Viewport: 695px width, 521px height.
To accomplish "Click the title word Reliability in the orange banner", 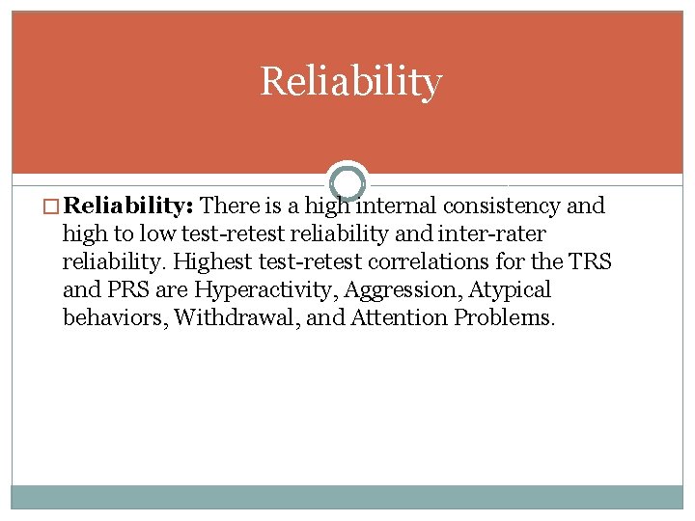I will coord(350,82).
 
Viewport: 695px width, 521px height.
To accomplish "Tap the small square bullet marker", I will coord(55,206).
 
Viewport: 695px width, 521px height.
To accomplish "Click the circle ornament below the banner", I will coord(347,182).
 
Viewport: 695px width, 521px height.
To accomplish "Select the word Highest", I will coord(211,262).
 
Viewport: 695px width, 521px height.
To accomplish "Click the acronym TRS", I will coord(590,262).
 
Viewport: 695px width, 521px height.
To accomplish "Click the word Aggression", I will coord(400,290).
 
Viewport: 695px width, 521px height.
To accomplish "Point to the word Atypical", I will coord(510,290).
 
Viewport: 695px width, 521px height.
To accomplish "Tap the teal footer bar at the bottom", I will coord(347,496).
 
